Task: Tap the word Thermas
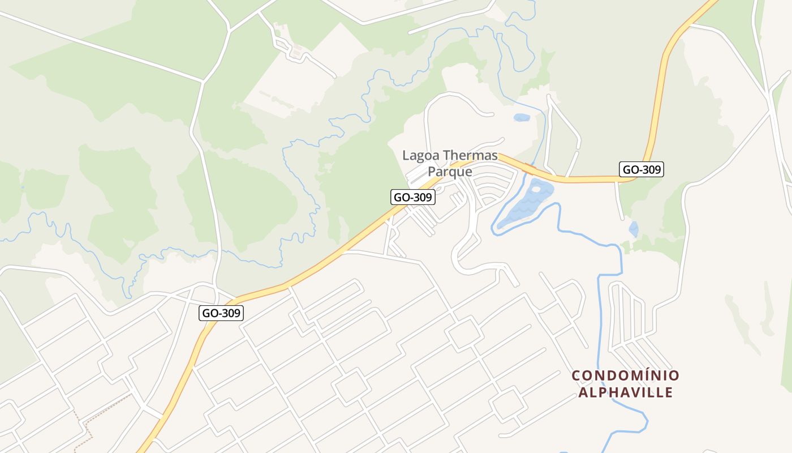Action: click(470, 155)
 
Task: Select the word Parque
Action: click(450, 171)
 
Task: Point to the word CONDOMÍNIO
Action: click(625, 375)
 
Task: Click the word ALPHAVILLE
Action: click(625, 392)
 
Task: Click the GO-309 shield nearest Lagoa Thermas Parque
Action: click(413, 197)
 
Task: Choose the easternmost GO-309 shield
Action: click(641, 169)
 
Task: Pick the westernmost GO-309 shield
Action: click(221, 313)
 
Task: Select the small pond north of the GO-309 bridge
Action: click(521, 118)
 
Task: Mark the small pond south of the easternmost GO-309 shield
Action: click(634, 229)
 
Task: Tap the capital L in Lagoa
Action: click(405, 155)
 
